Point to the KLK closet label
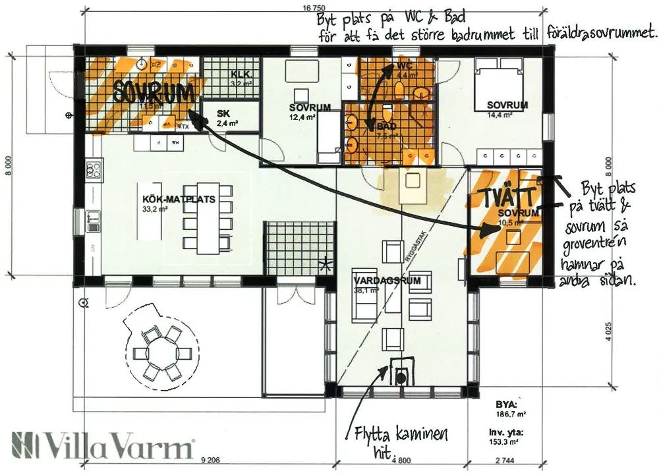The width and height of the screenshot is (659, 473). (237, 74)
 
